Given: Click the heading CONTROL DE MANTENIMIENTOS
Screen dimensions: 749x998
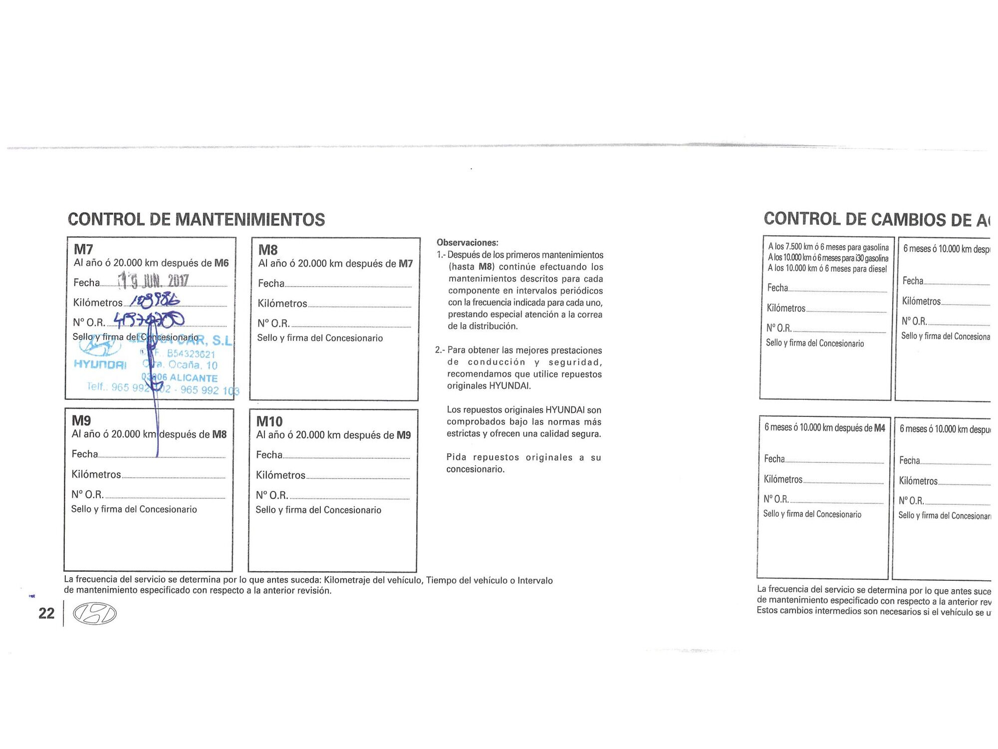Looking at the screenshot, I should click(196, 220).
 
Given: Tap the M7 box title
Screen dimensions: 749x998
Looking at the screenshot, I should click(83, 249).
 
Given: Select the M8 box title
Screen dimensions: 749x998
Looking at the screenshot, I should click(268, 250).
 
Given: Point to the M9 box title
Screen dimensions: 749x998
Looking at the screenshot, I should click(81, 420).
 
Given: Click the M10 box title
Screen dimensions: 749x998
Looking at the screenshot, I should click(269, 421).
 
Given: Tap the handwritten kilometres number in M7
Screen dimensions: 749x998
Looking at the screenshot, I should click(155, 300).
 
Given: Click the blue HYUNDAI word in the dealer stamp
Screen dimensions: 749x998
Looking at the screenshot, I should click(100, 364).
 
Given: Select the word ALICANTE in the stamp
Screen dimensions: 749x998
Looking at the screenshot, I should click(194, 378).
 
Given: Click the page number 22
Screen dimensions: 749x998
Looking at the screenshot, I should click(46, 613).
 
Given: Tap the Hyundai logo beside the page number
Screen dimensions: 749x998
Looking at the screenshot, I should click(95, 614).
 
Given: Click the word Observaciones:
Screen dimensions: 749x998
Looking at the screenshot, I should click(467, 243).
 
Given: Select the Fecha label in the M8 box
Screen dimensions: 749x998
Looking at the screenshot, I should click(271, 284).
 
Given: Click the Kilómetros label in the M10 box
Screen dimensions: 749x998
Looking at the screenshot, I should click(280, 475).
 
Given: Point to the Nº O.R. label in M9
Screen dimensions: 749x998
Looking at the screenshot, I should click(87, 495).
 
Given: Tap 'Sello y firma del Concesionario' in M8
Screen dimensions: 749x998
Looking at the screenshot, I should click(320, 338).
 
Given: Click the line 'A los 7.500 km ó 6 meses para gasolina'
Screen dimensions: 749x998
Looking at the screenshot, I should click(828, 247).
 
